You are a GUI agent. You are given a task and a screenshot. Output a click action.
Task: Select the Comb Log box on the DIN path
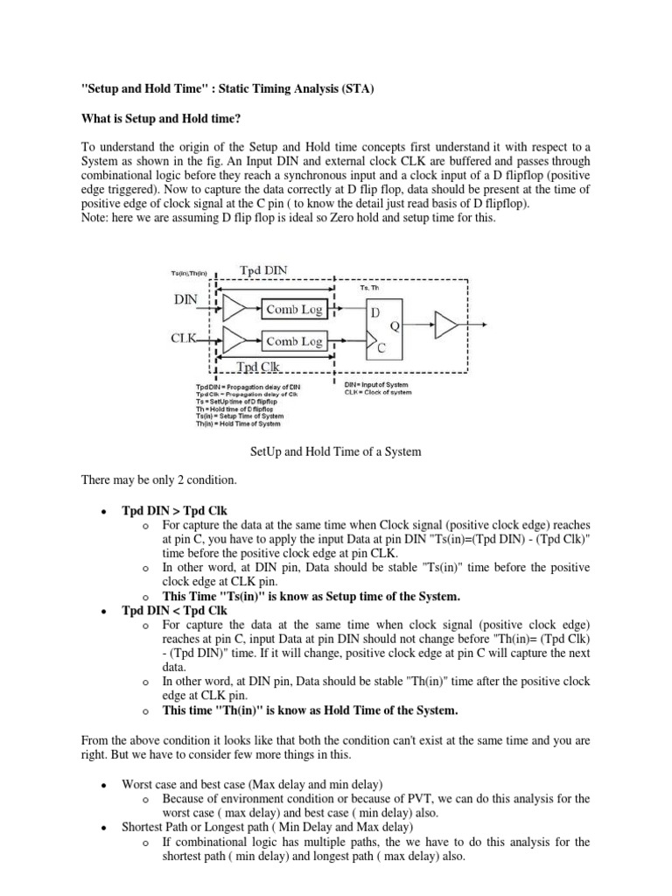click(x=294, y=309)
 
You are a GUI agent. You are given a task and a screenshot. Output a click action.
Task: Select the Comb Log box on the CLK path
click(x=294, y=341)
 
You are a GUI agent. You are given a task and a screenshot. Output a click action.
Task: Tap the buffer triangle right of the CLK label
click(x=236, y=340)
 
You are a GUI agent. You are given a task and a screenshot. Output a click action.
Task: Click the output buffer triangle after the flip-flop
click(x=446, y=327)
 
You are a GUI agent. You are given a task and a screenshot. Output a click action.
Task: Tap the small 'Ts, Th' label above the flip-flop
click(x=371, y=286)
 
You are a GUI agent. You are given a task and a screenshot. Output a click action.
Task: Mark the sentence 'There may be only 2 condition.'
click(x=154, y=480)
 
